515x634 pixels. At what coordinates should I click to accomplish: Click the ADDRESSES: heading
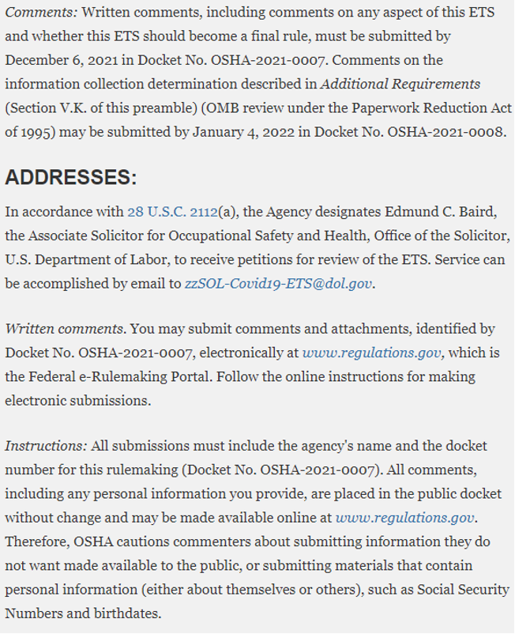point(70,177)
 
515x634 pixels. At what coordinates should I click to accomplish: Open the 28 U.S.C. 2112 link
point(172,211)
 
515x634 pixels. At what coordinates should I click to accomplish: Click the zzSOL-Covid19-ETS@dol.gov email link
point(278,282)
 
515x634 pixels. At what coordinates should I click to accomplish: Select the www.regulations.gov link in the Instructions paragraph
point(405,518)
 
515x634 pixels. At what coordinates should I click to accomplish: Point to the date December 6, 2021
point(64,60)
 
